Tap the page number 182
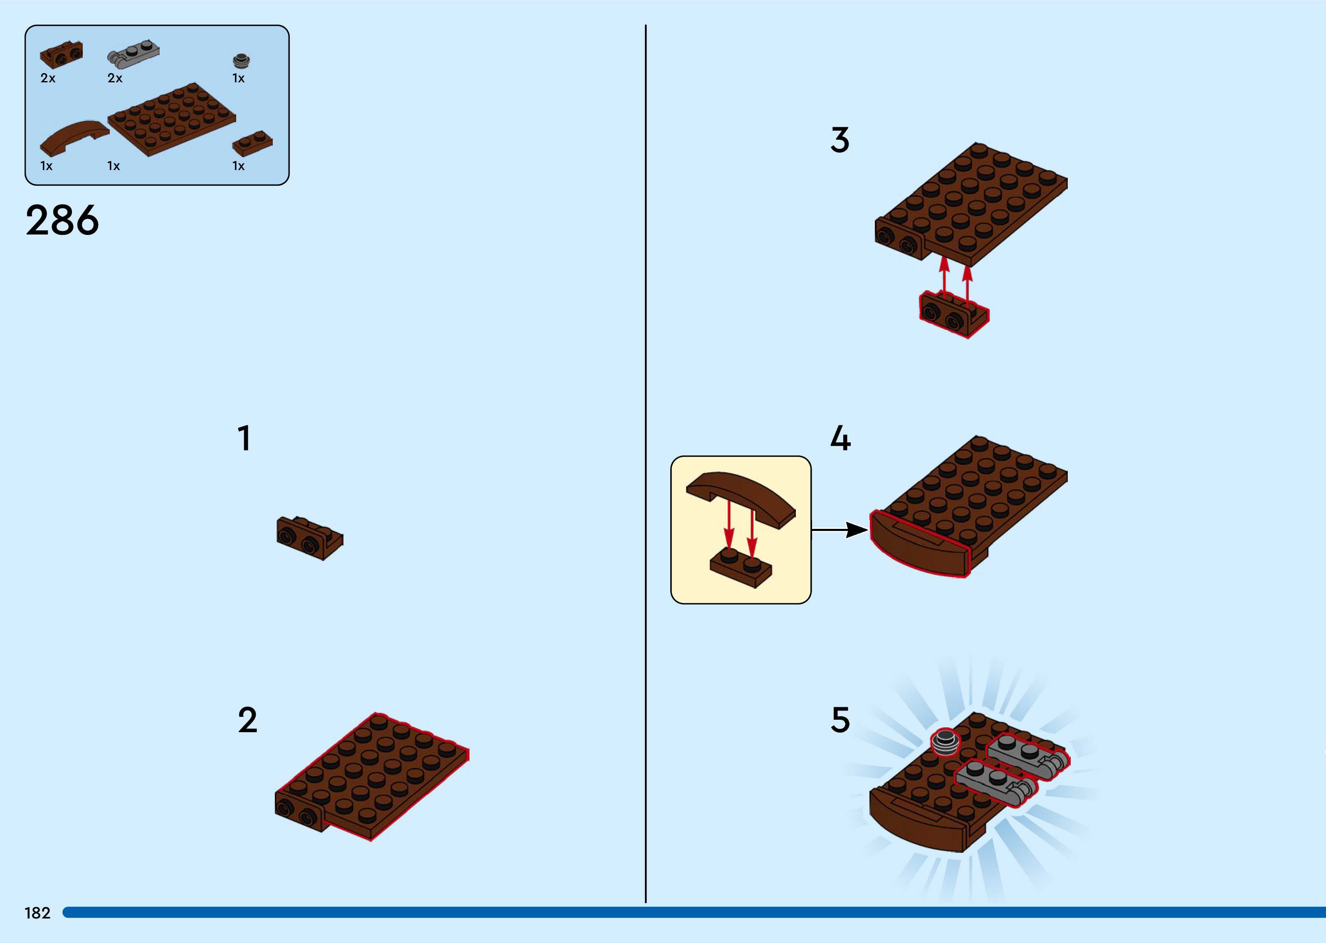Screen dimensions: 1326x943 click(x=37, y=913)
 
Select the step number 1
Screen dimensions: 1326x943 click(x=244, y=438)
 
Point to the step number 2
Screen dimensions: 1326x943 click(x=247, y=720)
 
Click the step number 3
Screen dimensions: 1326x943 click(x=840, y=140)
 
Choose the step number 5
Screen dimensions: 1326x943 click(x=840, y=720)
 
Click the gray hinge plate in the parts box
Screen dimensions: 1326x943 click(x=133, y=53)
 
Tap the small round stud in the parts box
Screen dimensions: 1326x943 click(x=241, y=60)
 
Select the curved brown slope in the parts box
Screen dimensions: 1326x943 click(x=74, y=137)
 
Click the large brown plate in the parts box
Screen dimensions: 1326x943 click(x=172, y=119)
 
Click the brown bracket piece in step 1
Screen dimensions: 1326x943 click(x=309, y=538)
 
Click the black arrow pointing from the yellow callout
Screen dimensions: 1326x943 click(x=840, y=530)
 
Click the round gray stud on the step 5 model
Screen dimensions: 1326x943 click(x=945, y=741)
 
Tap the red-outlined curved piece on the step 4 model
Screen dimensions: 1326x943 click(x=919, y=546)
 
